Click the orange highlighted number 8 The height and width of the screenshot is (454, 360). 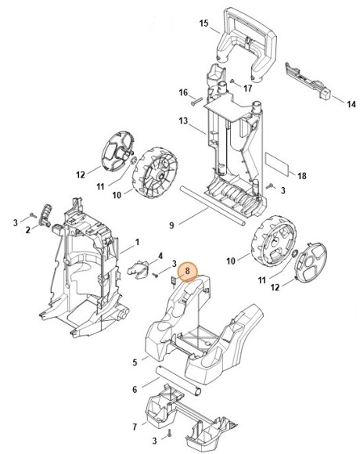[187, 271]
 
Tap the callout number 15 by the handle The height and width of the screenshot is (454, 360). [203, 23]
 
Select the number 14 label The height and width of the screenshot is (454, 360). [351, 104]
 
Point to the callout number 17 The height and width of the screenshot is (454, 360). [248, 88]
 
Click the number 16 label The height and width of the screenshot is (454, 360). [183, 92]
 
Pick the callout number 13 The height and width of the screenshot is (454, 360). [183, 121]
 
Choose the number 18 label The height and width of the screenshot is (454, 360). [302, 176]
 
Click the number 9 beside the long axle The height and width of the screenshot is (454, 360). [171, 225]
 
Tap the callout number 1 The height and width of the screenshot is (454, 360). [137, 242]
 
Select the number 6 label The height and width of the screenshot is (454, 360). [135, 390]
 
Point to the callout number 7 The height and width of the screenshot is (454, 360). [135, 427]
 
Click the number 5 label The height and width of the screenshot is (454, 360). [135, 362]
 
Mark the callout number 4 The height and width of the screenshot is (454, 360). [160, 256]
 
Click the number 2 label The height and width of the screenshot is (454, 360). [27, 230]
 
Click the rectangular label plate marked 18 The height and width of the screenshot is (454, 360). [277, 164]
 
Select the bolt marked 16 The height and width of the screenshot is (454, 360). [197, 102]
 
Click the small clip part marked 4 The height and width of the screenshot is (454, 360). [138, 269]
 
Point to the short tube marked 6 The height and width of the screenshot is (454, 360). [178, 380]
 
